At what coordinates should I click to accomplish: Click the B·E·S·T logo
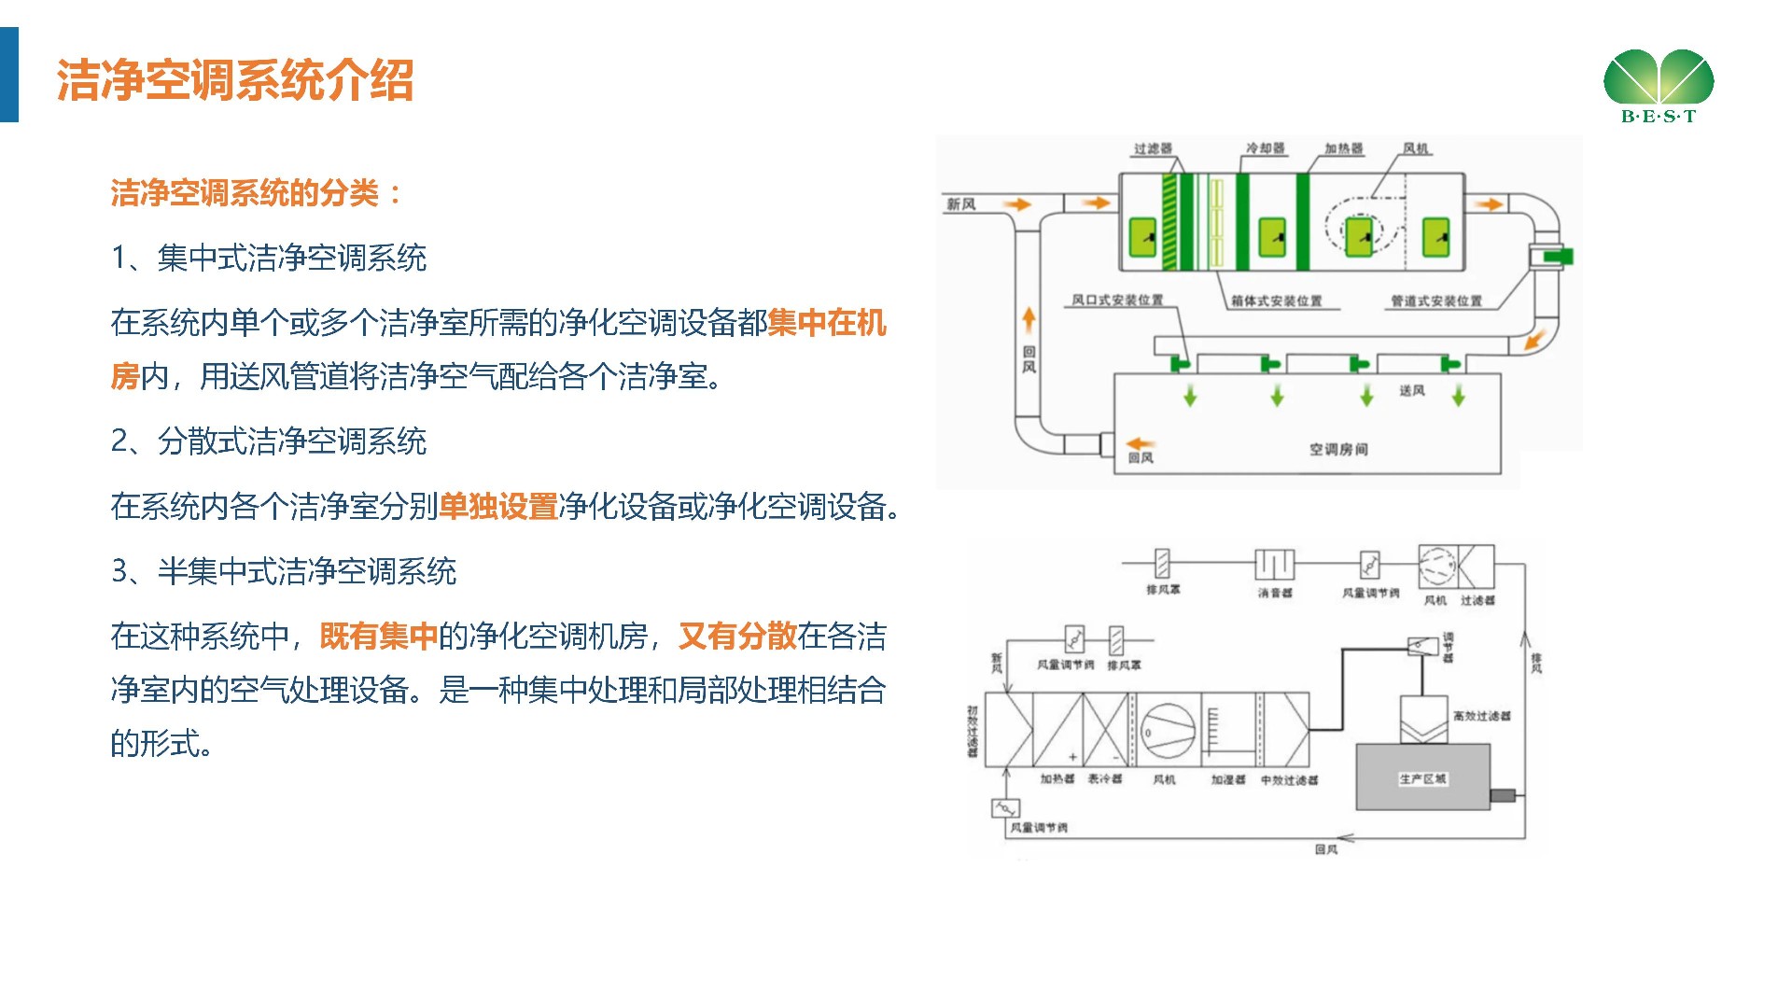click(x=1659, y=86)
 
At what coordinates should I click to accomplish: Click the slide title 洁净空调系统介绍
click(x=235, y=80)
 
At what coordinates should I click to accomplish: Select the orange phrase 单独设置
click(x=498, y=507)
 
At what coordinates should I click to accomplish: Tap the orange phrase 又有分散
click(x=737, y=637)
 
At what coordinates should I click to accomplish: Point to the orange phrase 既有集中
click(x=379, y=637)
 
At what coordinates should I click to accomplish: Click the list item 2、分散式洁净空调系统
click(x=269, y=441)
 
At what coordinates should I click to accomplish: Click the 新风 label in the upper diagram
click(x=961, y=204)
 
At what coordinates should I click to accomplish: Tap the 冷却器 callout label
click(x=1265, y=148)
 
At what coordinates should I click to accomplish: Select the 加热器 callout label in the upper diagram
click(x=1343, y=148)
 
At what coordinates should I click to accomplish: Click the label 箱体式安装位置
click(x=1276, y=301)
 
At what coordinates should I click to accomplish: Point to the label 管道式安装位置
click(x=1435, y=301)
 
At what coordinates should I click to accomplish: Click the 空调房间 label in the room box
click(x=1338, y=450)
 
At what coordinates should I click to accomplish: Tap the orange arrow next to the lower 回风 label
click(x=1141, y=443)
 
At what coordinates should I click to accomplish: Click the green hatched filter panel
click(x=1169, y=221)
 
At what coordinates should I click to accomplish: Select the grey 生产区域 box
click(x=1422, y=777)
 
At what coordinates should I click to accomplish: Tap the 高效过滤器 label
click(x=1481, y=716)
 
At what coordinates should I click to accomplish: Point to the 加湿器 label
click(x=1228, y=779)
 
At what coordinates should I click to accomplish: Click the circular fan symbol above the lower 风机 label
click(x=1167, y=732)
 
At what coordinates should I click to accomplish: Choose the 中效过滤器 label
click(x=1289, y=779)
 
